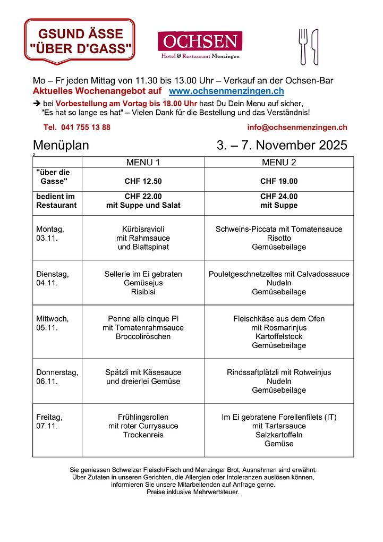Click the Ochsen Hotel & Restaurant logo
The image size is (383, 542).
click(x=200, y=45)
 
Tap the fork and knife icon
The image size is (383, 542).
click(x=309, y=46)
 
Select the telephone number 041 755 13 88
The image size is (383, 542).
click(x=77, y=128)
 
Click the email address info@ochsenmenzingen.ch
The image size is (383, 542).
click(x=297, y=128)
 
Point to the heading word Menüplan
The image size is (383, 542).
click(x=61, y=146)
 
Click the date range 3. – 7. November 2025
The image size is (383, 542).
click(x=282, y=146)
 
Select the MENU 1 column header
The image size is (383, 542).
click(x=143, y=162)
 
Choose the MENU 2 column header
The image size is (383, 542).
click(x=279, y=162)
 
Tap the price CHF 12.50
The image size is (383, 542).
click(x=143, y=181)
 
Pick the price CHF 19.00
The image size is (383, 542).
click(x=279, y=181)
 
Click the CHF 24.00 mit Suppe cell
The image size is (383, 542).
click(x=279, y=201)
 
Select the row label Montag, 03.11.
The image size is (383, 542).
click(x=50, y=234)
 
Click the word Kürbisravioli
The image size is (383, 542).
click(x=143, y=230)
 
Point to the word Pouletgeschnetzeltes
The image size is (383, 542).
click(x=245, y=274)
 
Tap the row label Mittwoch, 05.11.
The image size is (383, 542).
click(x=52, y=323)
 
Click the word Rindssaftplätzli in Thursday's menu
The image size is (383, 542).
click(x=254, y=372)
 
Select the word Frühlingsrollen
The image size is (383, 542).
click(x=143, y=417)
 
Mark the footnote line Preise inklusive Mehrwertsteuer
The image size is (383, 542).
click(x=193, y=492)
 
